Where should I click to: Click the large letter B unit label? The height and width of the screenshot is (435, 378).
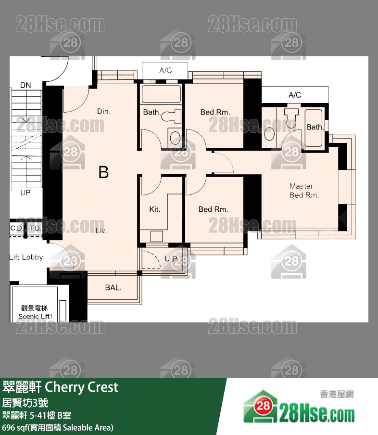(x=103, y=172)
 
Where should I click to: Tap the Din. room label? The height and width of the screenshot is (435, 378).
(x=104, y=111)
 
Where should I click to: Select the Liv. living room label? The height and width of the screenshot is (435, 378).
(x=101, y=230)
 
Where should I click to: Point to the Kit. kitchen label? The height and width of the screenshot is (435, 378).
(x=154, y=209)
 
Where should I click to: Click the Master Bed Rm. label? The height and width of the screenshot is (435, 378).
(x=302, y=191)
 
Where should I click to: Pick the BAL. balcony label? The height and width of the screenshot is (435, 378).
(x=113, y=288)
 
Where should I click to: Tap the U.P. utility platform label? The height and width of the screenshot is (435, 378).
(x=171, y=259)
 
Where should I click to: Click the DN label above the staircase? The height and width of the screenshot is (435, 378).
(x=25, y=85)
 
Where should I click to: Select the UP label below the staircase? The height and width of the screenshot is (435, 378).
(x=25, y=192)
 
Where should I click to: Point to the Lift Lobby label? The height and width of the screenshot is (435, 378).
(x=26, y=257)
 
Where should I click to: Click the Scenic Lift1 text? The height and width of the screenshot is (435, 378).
(x=35, y=316)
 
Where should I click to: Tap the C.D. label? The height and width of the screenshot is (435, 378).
(x=17, y=228)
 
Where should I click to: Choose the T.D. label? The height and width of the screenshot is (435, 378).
(x=34, y=228)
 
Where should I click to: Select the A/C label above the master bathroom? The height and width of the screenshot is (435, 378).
(x=295, y=95)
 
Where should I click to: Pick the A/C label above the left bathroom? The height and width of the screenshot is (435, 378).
(x=165, y=70)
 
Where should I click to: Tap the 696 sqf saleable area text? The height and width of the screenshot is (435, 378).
(x=58, y=427)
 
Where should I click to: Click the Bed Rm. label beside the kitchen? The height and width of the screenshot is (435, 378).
(x=213, y=209)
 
